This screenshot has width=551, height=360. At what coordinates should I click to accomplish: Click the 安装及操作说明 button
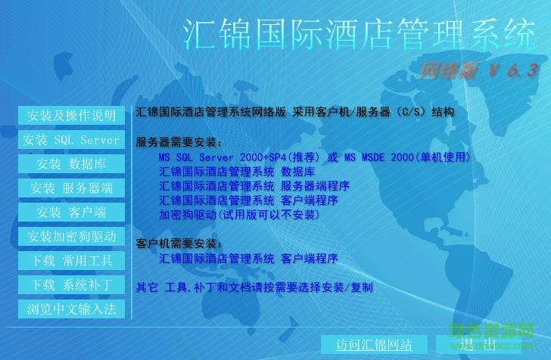71,116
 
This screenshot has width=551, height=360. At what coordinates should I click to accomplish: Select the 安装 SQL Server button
71,140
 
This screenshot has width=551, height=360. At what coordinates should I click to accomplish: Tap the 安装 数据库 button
71,164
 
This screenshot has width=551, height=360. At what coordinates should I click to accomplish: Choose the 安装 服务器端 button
71,188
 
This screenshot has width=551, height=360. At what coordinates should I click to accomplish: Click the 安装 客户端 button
71,213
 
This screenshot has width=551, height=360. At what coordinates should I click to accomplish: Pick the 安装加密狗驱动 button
71,237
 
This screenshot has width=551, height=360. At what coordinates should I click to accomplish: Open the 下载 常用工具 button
71,261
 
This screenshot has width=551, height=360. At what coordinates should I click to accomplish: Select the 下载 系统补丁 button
71,285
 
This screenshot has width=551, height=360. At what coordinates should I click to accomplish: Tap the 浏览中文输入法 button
71,309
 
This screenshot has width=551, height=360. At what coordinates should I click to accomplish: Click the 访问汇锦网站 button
374,345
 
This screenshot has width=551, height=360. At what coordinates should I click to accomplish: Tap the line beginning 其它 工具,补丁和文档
254,287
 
